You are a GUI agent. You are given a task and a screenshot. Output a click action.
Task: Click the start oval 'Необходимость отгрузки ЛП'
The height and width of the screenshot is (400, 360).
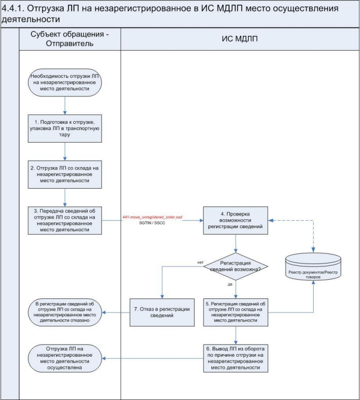pos(64,82)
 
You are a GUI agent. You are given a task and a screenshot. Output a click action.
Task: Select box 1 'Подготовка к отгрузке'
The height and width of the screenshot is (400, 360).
pos(65,128)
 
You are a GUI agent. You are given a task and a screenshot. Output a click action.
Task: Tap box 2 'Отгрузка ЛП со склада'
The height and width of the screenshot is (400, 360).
pos(65,174)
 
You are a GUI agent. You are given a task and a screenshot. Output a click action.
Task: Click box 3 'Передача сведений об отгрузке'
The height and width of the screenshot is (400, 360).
pos(65,220)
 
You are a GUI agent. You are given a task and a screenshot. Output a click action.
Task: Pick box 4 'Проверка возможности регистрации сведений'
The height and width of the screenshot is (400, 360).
pos(236,220)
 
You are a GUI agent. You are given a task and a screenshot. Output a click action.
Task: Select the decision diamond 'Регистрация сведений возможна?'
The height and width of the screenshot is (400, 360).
pos(236,267)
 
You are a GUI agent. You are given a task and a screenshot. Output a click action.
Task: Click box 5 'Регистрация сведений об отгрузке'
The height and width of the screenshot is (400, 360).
pos(236,312)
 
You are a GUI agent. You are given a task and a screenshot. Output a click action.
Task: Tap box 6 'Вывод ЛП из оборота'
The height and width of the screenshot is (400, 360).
pos(236,358)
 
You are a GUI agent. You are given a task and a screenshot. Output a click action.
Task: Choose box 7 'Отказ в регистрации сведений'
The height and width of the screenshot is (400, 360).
pos(162,313)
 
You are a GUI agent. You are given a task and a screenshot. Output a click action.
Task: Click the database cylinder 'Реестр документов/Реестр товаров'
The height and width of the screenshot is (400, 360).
pos(313,267)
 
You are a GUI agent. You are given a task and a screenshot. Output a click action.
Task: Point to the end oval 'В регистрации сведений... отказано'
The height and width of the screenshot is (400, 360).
pos(64,312)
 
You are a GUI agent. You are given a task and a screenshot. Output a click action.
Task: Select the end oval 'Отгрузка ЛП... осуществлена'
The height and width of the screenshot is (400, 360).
pos(64,358)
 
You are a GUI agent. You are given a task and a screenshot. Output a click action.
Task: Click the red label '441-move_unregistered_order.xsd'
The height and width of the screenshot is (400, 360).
pos(152,217)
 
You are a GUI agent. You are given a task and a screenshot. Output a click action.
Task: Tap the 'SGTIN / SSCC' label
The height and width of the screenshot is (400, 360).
pos(152,223)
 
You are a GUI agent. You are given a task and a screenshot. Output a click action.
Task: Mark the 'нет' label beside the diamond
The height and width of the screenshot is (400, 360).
pos(200,262)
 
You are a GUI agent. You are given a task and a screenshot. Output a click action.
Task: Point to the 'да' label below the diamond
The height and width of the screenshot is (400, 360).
pos(230,284)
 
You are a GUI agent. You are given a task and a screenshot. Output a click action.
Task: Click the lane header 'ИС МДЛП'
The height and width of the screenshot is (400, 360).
pos(240,39)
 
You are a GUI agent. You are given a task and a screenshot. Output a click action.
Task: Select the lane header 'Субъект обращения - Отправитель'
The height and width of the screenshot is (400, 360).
pos(70,39)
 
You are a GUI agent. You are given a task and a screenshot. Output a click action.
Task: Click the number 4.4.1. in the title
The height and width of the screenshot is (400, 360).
pos(13,8)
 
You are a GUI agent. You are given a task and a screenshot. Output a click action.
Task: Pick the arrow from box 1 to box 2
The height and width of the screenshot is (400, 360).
pos(65,152)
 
